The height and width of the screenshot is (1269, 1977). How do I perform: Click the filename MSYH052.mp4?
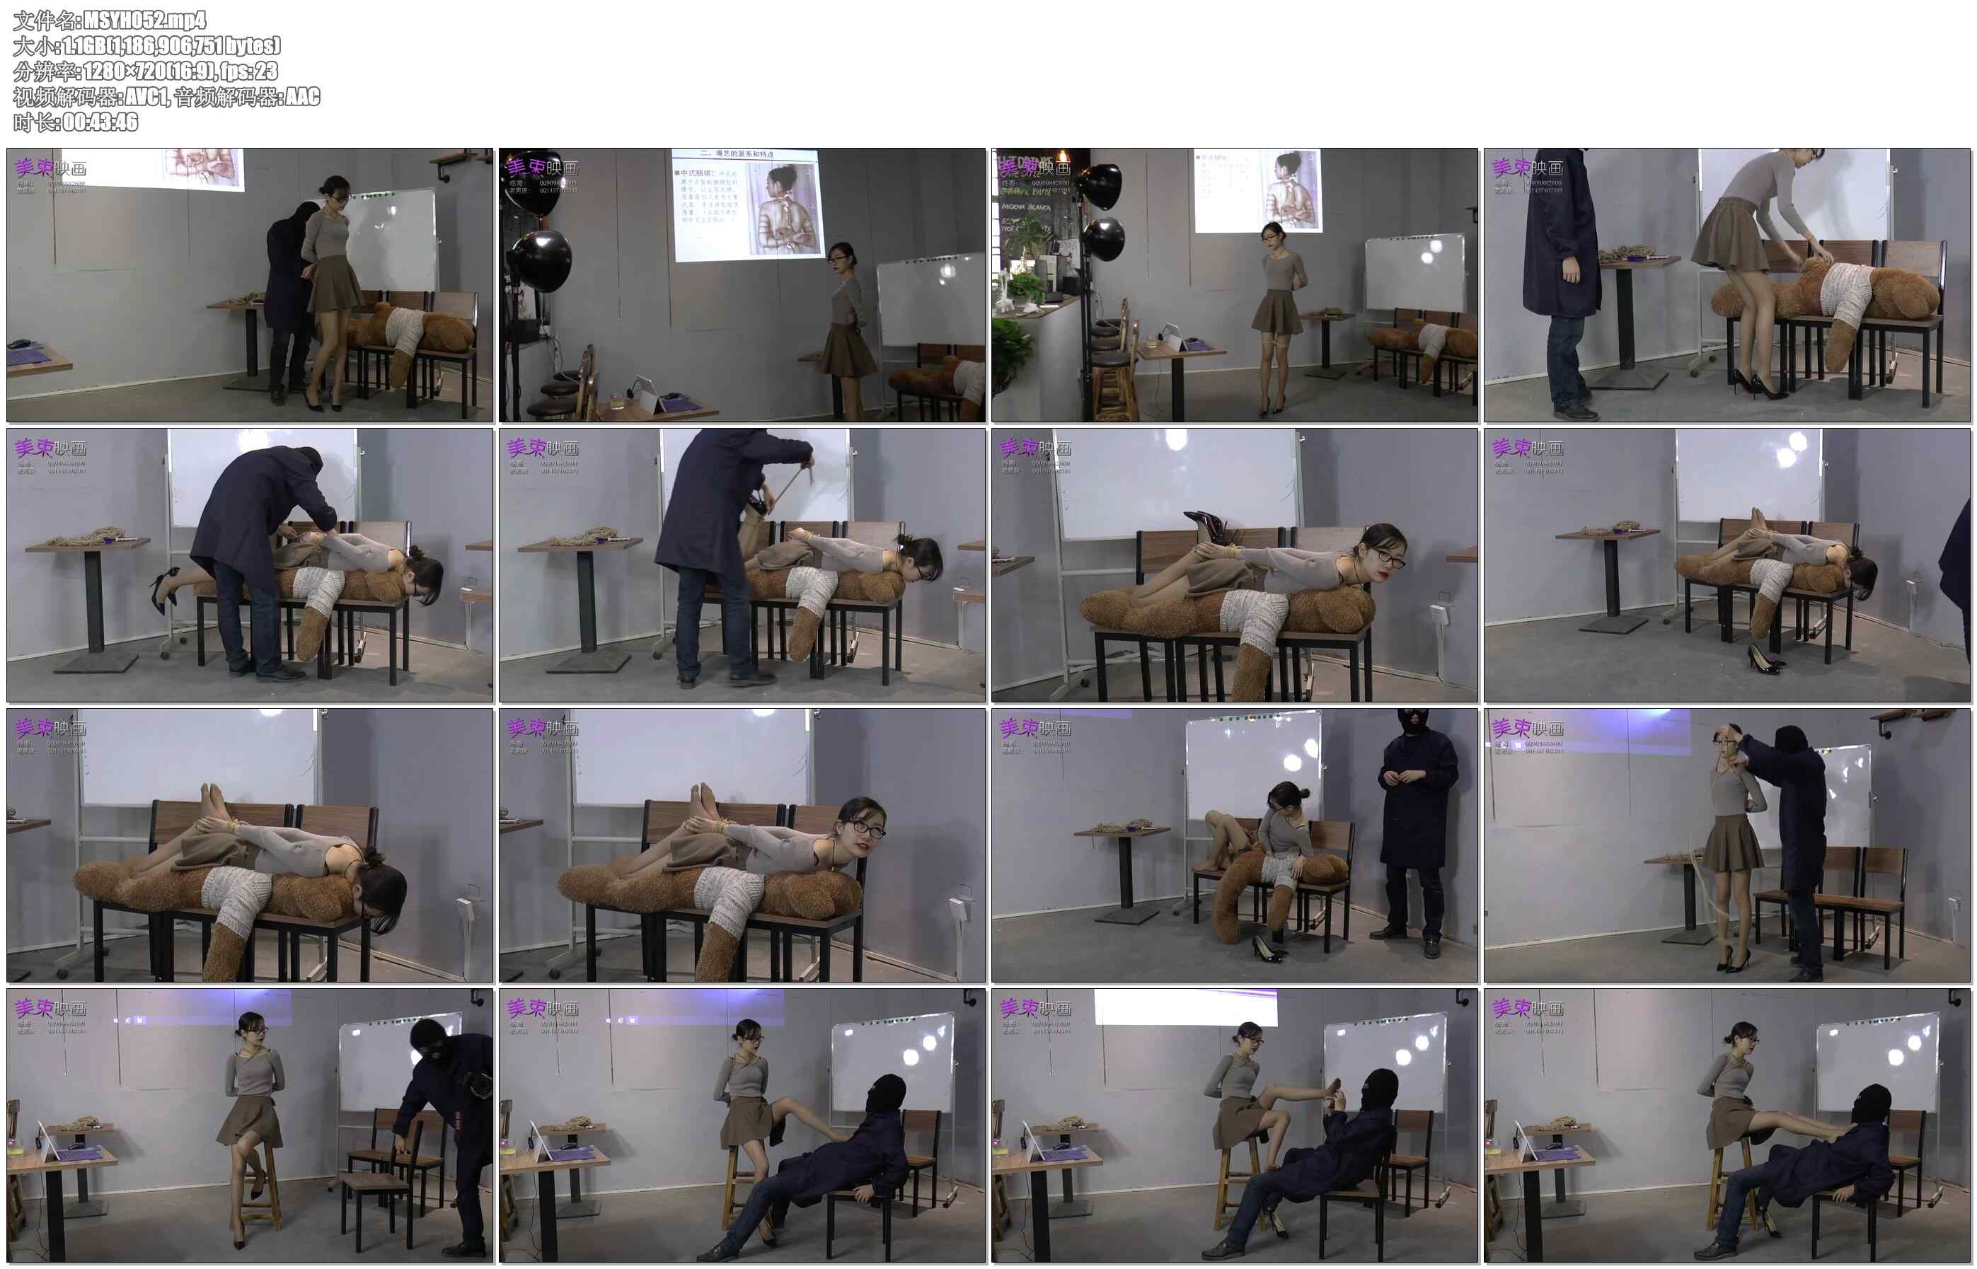click(144, 20)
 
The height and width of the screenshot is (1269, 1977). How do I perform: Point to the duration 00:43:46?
click(100, 122)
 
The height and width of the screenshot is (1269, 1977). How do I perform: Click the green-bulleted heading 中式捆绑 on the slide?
click(697, 173)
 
